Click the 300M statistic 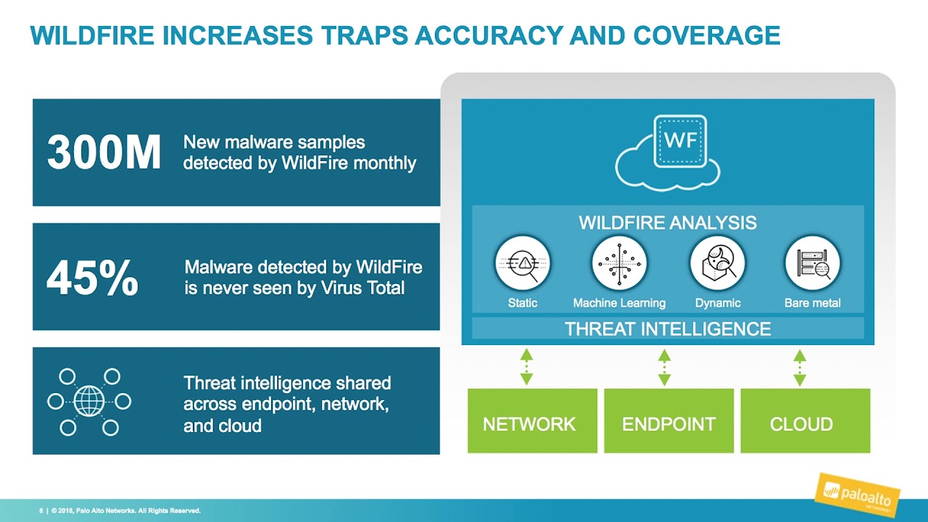(x=104, y=152)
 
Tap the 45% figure (x=92, y=277)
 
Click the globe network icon (x=89, y=402)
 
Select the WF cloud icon (x=668, y=152)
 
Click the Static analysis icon (x=523, y=263)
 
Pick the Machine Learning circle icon (x=619, y=263)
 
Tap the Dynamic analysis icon (x=718, y=263)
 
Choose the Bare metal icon (x=813, y=263)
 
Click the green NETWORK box (x=532, y=420)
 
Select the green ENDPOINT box (x=668, y=420)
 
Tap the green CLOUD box (x=805, y=420)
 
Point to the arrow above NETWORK (x=526, y=367)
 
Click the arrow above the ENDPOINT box (x=664, y=367)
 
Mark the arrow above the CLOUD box (x=800, y=367)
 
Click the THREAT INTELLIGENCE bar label (x=668, y=329)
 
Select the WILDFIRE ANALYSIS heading (x=668, y=223)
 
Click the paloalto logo (x=857, y=494)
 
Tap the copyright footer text (x=120, y=510)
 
